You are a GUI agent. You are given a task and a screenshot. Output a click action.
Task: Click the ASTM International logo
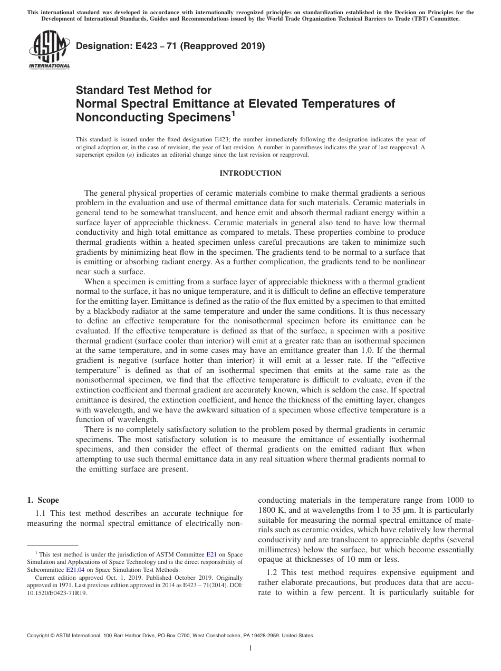[49, 50]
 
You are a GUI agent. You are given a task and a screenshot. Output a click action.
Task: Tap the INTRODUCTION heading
[250, 173]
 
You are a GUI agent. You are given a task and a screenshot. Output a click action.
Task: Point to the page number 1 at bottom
[250, 648]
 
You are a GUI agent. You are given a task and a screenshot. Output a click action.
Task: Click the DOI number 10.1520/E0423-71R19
[57, 592]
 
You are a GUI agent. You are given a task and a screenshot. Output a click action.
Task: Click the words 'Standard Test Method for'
[143, 90]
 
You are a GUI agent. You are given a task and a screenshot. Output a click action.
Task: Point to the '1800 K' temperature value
[271, 510]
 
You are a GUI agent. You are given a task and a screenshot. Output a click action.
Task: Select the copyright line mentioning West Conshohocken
[170, 636]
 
